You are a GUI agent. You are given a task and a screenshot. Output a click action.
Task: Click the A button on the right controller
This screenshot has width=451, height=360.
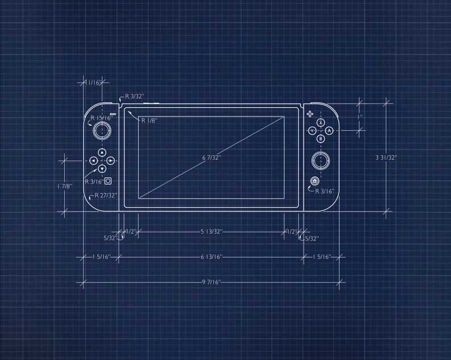coord(329,131)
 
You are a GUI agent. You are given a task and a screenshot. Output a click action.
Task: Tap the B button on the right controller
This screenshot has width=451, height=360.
coord(320,139)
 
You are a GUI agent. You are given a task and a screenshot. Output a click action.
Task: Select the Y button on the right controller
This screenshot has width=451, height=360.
coord(312,131)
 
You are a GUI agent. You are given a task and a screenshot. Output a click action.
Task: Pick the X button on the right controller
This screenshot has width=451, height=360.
coord(320,122)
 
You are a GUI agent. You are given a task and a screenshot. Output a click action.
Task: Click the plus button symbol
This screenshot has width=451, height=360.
coord(310,114)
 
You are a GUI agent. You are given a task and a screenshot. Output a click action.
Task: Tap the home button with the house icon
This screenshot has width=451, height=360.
coord(315,181)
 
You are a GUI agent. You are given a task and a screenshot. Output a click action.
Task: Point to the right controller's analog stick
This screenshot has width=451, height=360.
coord(320,161)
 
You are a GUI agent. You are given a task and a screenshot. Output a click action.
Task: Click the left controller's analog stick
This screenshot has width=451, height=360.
coord(102,130)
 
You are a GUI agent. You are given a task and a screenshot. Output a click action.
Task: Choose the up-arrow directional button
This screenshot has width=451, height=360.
coord(102,152)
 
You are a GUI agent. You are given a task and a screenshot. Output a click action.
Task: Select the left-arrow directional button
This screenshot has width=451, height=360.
coord(94,161)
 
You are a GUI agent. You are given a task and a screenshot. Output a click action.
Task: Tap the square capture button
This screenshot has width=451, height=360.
coord(108,181)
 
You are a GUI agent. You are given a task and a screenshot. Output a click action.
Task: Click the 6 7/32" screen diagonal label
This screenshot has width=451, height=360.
coord(211,157)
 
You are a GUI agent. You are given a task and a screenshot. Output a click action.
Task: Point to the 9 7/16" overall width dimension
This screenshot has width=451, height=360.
coord(211,282)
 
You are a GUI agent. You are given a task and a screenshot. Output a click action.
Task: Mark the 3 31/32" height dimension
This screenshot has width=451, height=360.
coord(386,157)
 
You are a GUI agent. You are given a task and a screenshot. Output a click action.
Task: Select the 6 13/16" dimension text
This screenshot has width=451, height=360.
coord(211,257)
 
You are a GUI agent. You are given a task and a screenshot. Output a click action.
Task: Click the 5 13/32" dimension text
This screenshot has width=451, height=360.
coord(211,232)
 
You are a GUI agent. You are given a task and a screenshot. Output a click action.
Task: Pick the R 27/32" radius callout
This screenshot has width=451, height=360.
coord(106,195)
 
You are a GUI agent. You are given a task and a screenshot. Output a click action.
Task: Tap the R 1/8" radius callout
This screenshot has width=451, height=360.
coord(149,120)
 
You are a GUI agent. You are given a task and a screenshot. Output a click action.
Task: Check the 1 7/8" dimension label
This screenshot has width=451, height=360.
coord(65,186)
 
